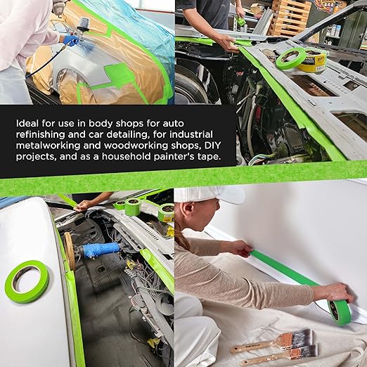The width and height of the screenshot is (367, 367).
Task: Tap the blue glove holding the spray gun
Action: click(x=71, y=41)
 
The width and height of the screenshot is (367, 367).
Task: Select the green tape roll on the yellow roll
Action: click(x=290, y=58)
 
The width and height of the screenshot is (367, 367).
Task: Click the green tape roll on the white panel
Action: click(x=27, y=281)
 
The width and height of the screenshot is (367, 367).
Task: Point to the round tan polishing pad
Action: click(x=70, y=251)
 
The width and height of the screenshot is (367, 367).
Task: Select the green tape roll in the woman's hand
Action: click(x=340, y=311)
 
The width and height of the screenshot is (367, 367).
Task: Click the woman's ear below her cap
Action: click(x=194, y=213)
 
